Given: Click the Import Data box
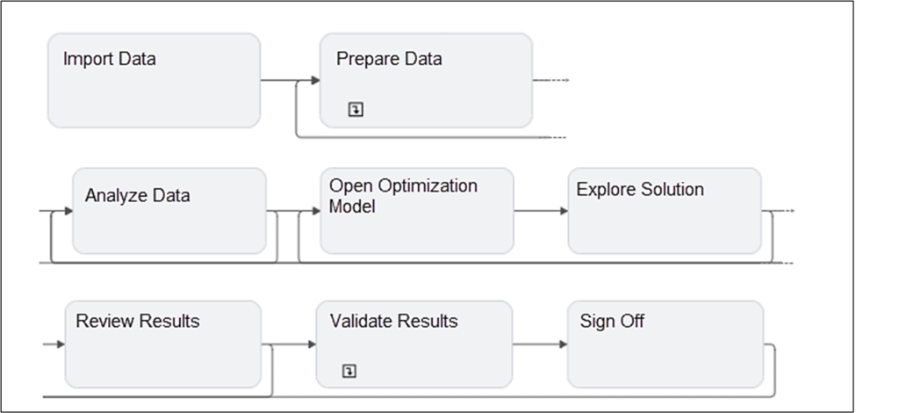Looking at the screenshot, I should (154, 81).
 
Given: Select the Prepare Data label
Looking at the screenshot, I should (389, 60).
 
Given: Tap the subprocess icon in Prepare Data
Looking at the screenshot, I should (356, 110).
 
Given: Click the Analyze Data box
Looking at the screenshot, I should (169, 211).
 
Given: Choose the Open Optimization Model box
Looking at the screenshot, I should (416, 211).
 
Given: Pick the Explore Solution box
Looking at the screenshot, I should (664, 211).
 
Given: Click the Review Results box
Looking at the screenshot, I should (162, 344).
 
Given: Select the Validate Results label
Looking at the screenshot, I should (393, 322).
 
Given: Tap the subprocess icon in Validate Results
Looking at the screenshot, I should (349, 372).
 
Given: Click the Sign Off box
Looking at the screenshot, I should (665, 344).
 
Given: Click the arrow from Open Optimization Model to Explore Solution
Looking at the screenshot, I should (541, 211).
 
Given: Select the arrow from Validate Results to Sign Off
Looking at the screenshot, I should (540, 344).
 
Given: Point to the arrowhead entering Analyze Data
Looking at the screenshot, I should (68, 211).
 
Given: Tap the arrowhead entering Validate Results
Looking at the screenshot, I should (311, 344).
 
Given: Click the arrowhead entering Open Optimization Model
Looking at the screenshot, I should (315, 211).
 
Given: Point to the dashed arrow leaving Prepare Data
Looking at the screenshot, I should (553, 81).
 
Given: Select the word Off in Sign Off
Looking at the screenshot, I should (631, 322).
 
